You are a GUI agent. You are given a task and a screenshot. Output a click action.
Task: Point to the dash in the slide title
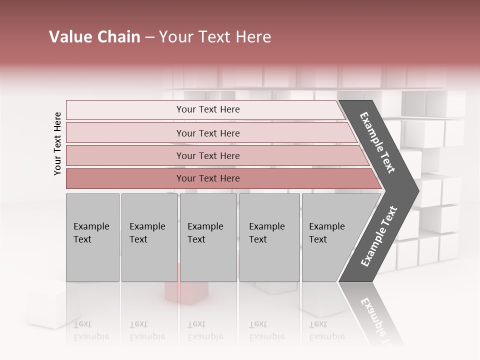(x=149, y=37)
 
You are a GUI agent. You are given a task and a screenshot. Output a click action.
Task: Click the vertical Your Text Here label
(x=57, y=143)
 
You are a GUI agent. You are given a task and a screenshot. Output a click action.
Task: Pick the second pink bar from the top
(x=207, y=133)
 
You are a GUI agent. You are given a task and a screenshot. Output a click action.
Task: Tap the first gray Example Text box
(x=92, y=237)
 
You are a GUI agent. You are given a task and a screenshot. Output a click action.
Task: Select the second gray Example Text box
(x=149, y=237)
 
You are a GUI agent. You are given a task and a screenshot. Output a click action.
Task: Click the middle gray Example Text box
(x=208, y=237)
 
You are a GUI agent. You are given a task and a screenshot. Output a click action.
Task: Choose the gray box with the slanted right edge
(x=330, y=237)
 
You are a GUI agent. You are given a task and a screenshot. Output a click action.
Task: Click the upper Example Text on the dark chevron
(x=377, y=142)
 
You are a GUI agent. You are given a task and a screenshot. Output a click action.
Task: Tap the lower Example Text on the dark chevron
(x=378, y=236)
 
